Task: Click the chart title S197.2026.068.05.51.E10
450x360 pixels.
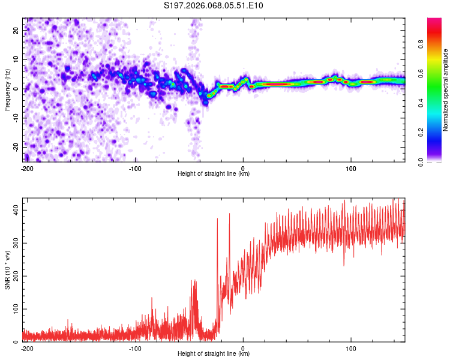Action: pyautogui.click(x=214, y=5)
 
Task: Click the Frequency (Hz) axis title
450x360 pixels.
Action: pyautogui.click(x=7, y=90)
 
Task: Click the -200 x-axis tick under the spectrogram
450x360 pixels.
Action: pyautogui.click(x=26, y=168)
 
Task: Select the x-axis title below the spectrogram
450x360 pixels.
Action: pyautogui.click(x=214, y=174)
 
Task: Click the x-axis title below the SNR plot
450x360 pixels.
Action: pyautogui.click(x=214, y=354)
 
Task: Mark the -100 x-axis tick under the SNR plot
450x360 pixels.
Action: pyautogui.click(x=134, y=348)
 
